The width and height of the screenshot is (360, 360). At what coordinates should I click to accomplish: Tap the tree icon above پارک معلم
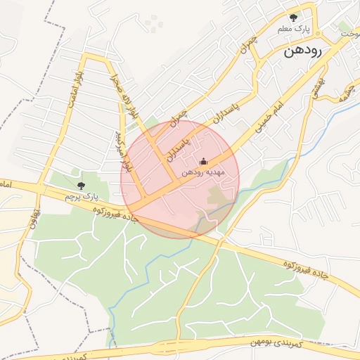coord(293,18)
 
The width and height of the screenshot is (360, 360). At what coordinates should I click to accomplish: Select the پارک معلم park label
coord(293,29)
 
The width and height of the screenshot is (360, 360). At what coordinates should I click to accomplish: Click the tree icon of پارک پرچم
coord(81,186)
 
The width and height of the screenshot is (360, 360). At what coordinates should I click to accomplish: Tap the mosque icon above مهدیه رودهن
coord(204,162)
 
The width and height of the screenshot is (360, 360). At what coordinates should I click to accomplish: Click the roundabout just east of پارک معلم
coord(317,32)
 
